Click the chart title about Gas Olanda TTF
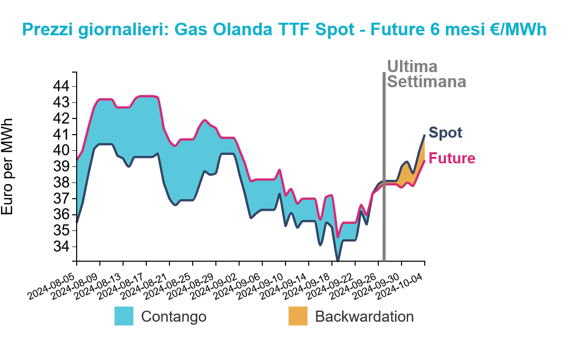(x=284, y=29)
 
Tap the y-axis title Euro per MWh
(x=7, y=166)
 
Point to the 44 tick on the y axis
(x=61, y=86)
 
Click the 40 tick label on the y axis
(x=61, y=150)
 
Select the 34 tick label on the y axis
(x=61, y=247)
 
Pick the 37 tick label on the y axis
(x=61, y=198)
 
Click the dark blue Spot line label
(x=445, y=133)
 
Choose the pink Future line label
(x=452, y=158)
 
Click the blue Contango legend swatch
(x=124, y=316)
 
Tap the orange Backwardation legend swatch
(x=298, y=316)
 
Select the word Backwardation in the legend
(x=364, y=317)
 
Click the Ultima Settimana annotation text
(x=426, y=74)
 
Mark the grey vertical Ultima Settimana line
(x=384, y=166)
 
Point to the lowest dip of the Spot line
(x=338, y=260)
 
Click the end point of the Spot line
(x=425, y=135)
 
